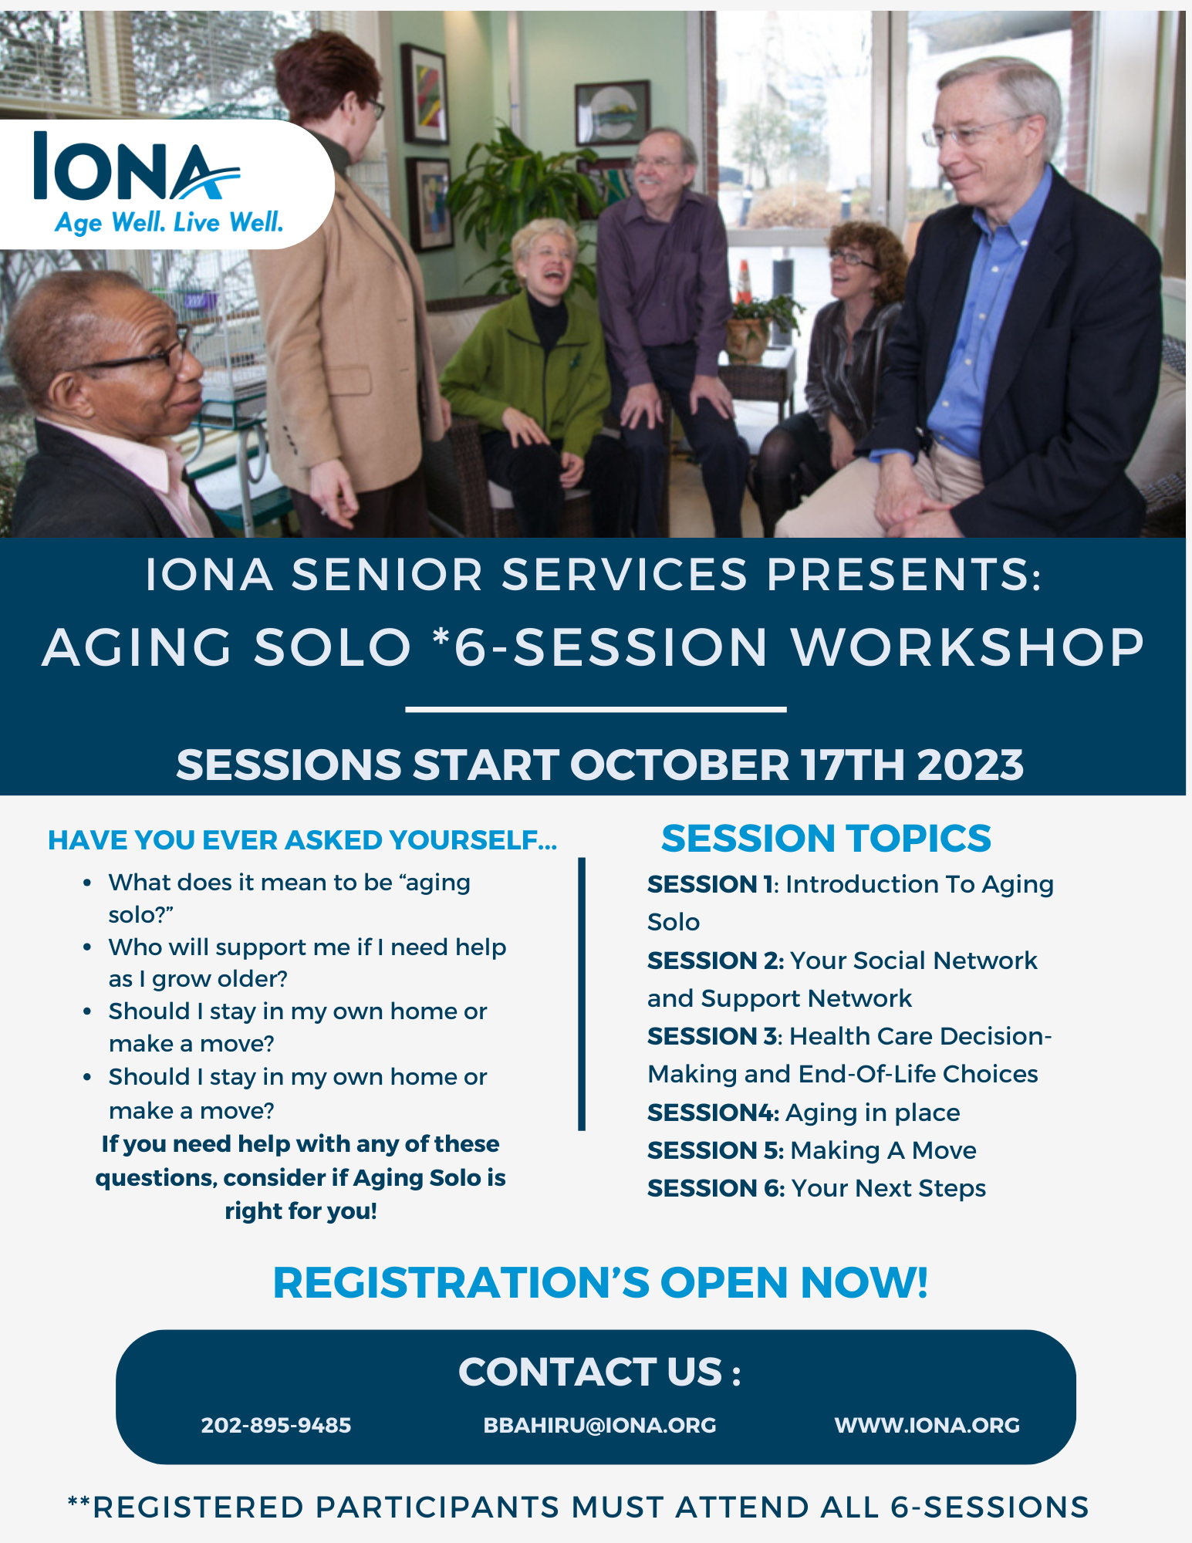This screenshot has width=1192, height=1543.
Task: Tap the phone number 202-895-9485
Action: coord(276,1425)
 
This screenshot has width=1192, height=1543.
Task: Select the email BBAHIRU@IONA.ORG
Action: coord(599,1425)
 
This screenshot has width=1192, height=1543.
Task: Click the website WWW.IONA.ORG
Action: coord(927,1425)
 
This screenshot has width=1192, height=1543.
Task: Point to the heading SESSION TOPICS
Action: coord(826,839)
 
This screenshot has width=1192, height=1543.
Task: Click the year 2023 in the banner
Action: coord(971,765)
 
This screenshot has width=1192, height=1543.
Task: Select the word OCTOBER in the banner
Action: coord(680,765)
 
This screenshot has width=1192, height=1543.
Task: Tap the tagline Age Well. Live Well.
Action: coord(169,223)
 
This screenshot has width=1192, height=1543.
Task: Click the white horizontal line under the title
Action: coord(596,708)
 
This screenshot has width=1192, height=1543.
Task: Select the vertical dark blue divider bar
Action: coord(582,994)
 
